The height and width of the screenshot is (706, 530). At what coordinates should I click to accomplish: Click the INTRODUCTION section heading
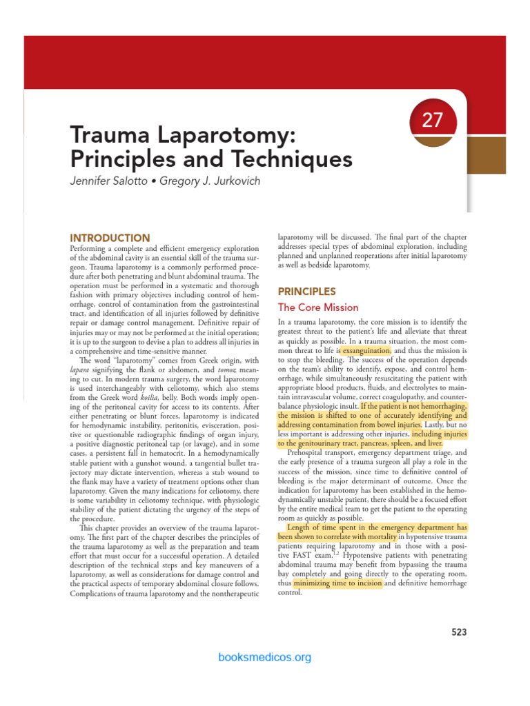(x=110, y=238)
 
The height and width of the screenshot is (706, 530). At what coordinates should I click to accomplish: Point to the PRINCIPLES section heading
(x=306, y=292)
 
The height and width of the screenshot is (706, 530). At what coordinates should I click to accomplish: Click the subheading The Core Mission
(x=317, y=307)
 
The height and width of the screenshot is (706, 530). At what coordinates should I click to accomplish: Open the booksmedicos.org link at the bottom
(x=264, y=657)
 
